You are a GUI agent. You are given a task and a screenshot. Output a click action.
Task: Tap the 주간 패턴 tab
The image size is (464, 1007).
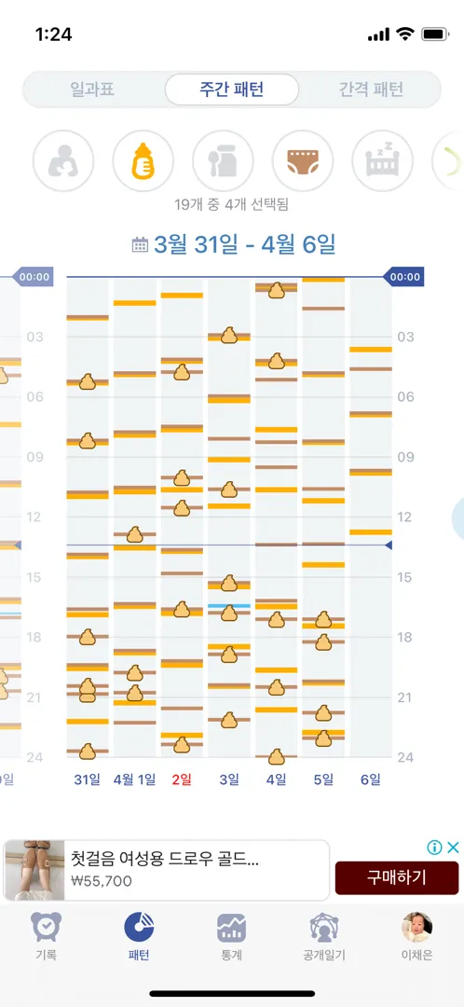(232, 90)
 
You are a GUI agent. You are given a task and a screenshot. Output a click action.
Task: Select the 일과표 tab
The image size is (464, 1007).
(92, 90)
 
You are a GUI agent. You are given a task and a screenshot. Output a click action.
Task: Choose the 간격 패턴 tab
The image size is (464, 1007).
(371, 90)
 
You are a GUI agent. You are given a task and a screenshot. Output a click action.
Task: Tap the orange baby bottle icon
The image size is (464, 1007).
(143, 160)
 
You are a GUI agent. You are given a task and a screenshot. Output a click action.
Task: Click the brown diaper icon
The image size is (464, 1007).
(303, 160)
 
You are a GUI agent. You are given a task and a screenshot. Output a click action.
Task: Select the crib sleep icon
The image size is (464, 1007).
(383, 160)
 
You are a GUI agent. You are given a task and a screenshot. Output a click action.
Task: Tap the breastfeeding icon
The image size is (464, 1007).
(63, 160)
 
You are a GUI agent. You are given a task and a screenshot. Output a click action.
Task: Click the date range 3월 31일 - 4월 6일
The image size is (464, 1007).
(244, 244)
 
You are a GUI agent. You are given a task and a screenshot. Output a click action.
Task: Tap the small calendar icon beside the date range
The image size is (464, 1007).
(139, 244)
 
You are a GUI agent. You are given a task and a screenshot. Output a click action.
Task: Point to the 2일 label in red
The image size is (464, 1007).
(182, 779)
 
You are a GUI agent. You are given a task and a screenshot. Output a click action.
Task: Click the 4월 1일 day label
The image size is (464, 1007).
(134, 779)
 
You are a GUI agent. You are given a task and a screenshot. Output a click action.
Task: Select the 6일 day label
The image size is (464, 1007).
(370, 779)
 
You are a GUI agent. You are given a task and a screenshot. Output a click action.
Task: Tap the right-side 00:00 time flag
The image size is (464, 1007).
(404, 278)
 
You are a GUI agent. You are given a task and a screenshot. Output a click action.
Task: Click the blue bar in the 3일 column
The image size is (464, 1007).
(229, 606)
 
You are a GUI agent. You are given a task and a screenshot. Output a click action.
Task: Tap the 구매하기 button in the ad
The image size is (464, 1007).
(397, 877)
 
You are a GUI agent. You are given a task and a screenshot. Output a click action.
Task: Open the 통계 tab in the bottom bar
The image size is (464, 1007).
(232, 937)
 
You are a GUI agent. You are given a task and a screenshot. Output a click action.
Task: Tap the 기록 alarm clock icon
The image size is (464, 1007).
(47, 928)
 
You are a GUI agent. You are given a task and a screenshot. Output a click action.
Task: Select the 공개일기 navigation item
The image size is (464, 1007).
(324, 937)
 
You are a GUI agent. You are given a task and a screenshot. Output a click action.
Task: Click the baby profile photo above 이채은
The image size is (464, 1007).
(416, 928)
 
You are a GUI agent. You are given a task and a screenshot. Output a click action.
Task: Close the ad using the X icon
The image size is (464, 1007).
(453, 847)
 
